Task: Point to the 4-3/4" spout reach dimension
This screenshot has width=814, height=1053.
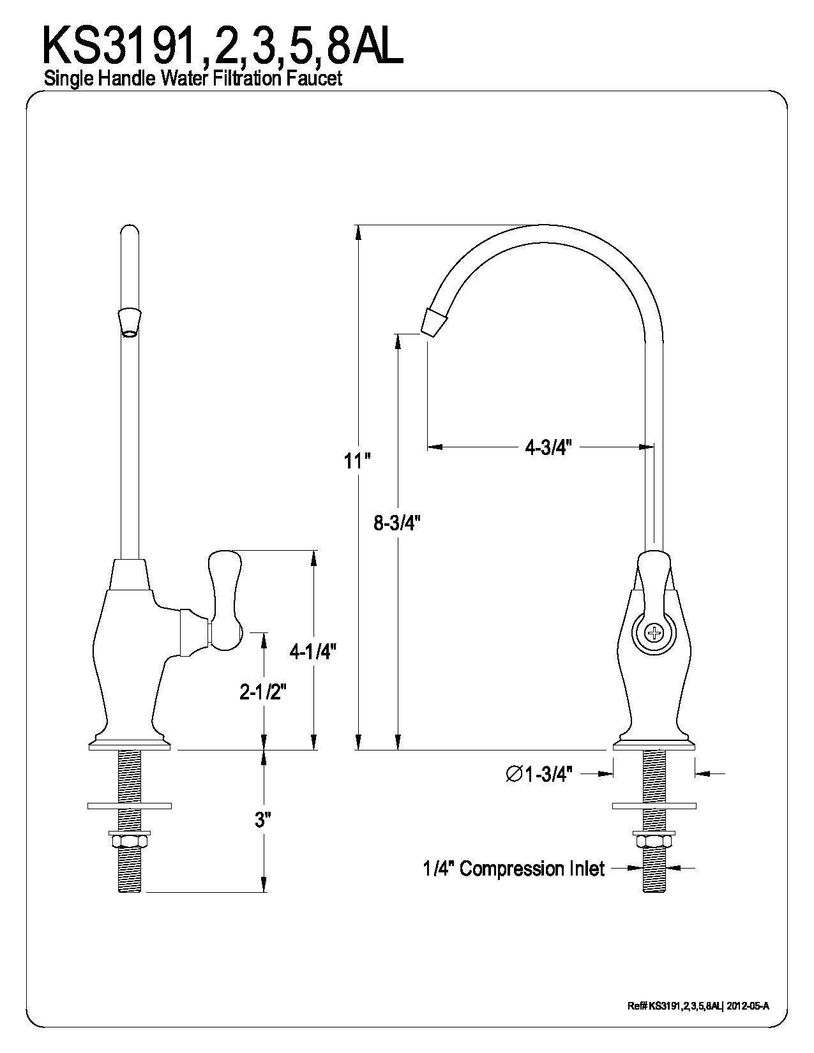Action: tap(547, 447)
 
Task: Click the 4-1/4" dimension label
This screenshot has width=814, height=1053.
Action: tap(313, 651)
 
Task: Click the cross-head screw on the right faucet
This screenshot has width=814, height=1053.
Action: tap(654, 634)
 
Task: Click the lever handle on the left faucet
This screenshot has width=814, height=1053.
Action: tap(224, 600)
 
